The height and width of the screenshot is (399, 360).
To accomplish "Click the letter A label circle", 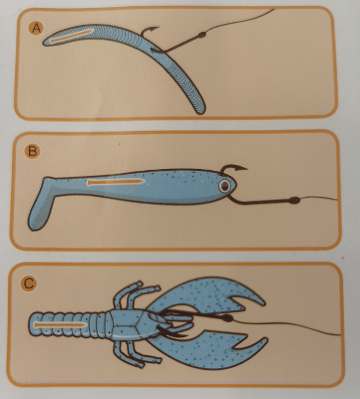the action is tap(36, 28).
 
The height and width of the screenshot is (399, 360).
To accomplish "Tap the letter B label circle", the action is tap(33, 151).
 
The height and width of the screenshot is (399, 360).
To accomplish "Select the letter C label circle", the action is tap(29, 283).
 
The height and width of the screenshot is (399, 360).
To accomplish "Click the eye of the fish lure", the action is tap(224, 187).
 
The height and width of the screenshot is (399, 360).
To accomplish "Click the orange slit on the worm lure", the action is tap(72, 36).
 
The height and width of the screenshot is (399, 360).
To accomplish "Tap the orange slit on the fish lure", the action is tap(116, 182).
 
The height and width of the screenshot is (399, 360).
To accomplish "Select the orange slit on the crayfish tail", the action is tap(60, 325).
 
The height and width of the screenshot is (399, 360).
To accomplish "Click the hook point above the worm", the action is tap(157, 27).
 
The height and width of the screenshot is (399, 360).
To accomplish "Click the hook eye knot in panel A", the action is tap(202, 35).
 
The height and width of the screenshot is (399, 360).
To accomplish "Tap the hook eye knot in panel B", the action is tap(295, 200).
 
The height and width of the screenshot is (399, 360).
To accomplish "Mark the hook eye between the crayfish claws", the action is tap(227, 318).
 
